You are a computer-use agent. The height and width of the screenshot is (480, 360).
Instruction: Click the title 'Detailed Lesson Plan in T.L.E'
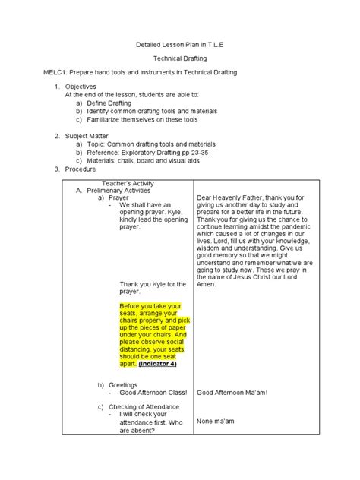tap(179, 45)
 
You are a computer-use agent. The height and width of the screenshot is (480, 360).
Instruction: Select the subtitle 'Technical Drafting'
tap(179, 58)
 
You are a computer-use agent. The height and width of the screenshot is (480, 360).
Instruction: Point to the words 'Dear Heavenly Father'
tap(228, 197)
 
